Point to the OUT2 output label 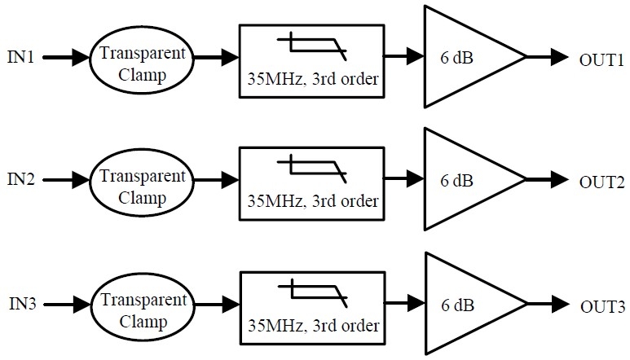click(601, 180)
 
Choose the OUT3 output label click(601, 306)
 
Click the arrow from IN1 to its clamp click(67, 58)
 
